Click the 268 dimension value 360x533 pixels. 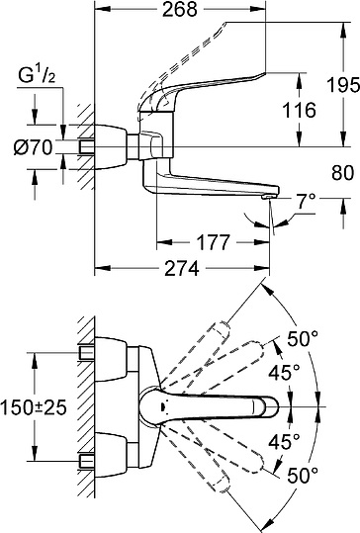tap(179, 10)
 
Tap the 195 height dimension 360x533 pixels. tap(342, 85)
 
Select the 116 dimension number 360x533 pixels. tap(299, 110)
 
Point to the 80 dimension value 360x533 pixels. tap(342, 173)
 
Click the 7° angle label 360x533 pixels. tap(305, 202)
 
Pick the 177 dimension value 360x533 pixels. tap(214, 242)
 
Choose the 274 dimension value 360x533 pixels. tap(182, 269)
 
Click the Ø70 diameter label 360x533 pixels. tap(33, 148)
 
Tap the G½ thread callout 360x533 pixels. tap(37, 76)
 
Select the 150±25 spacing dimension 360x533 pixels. tap(34, 406)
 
